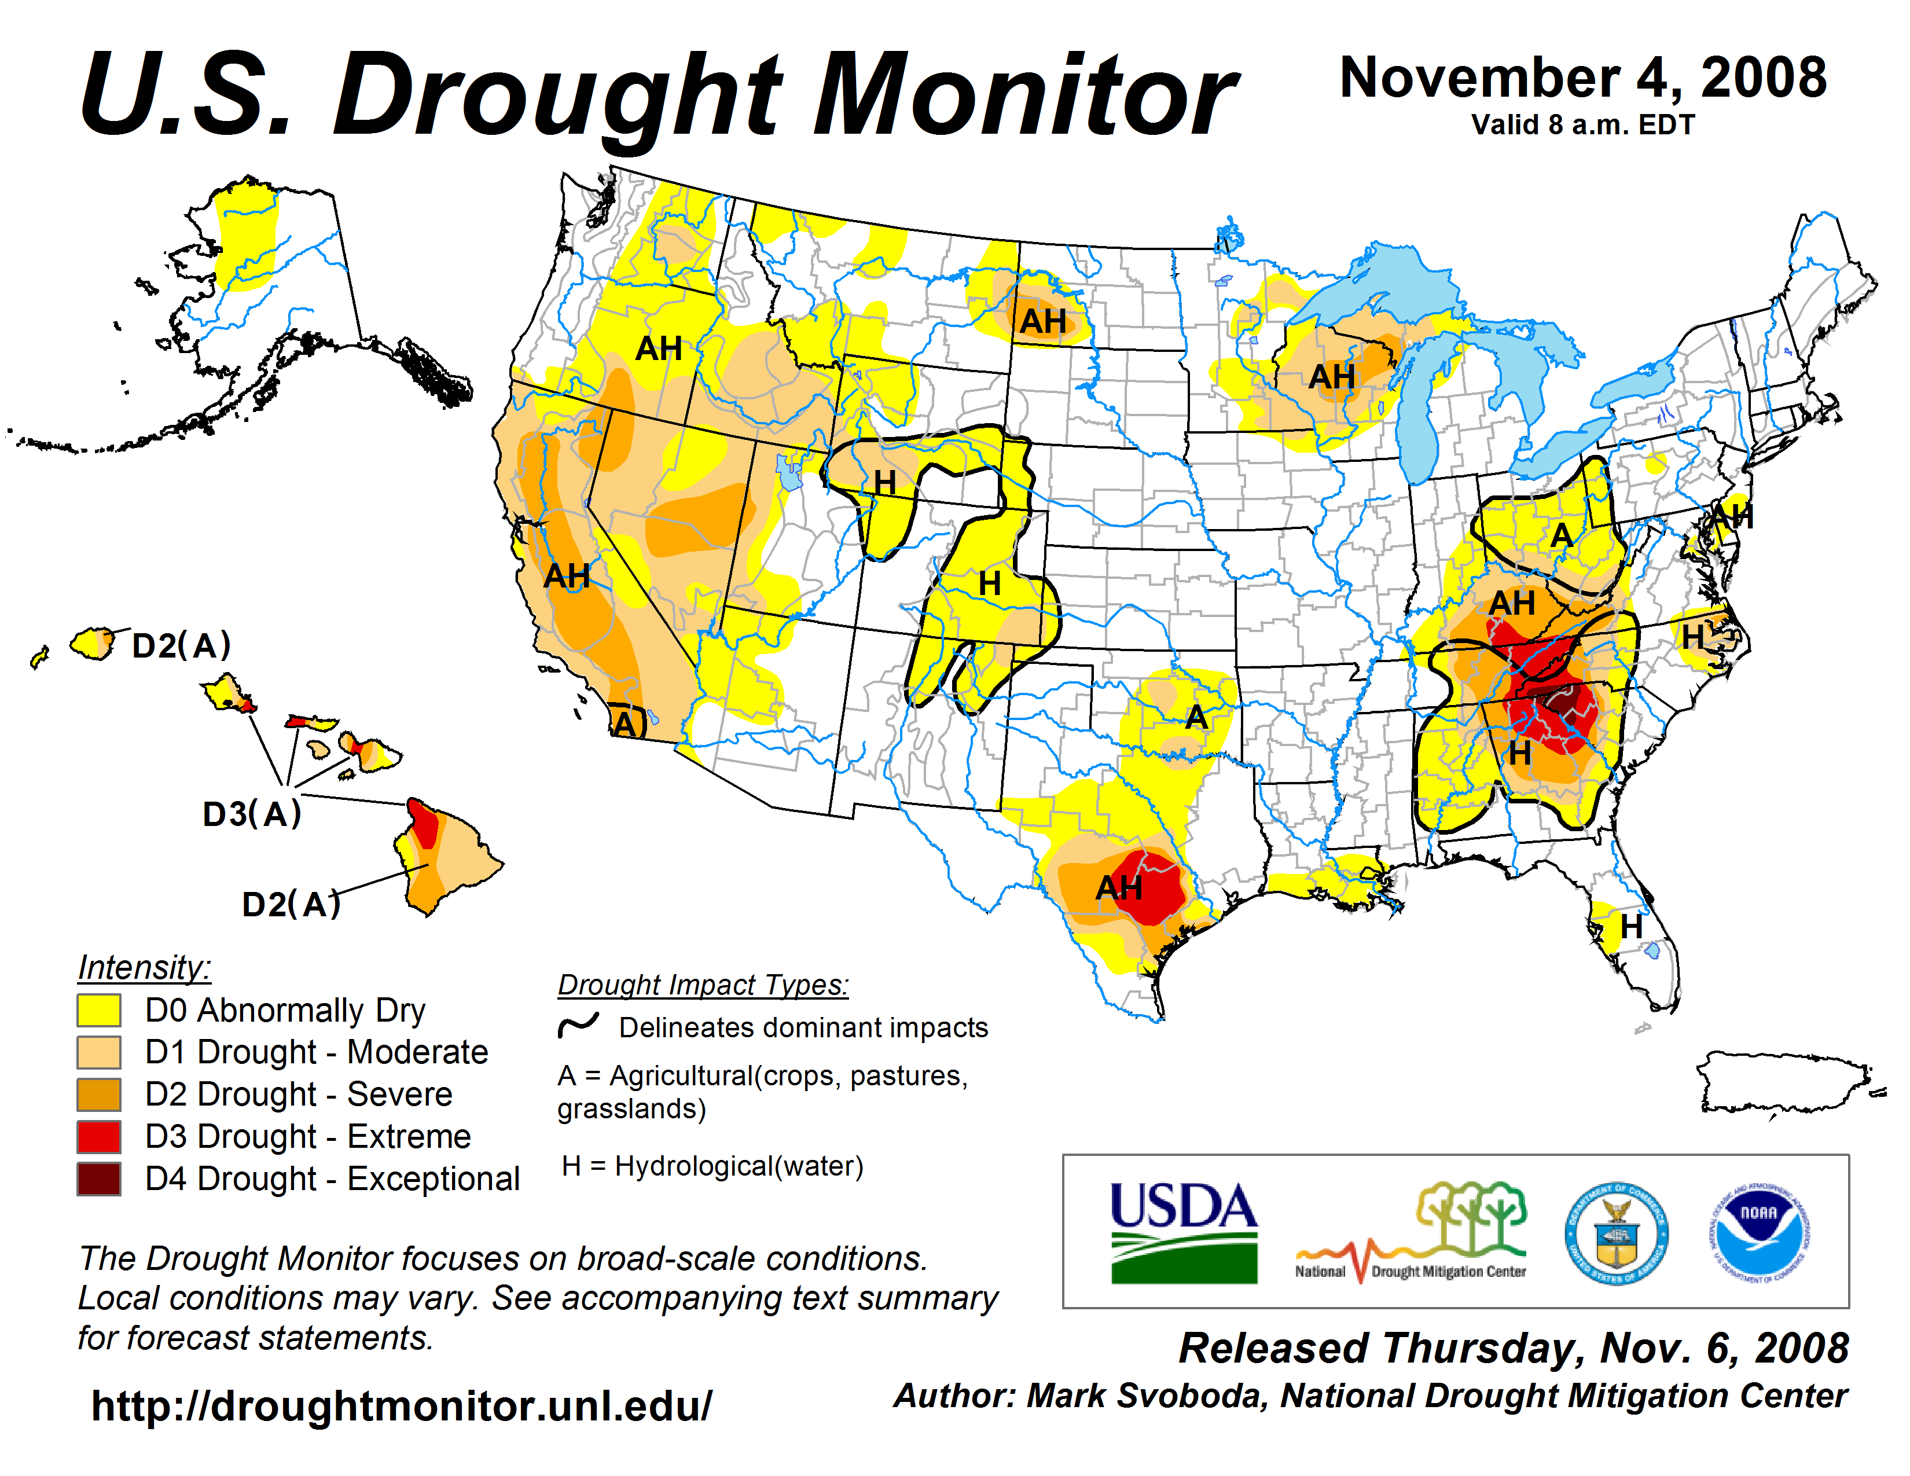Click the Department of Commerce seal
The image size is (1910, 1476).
tap(1616, 1233)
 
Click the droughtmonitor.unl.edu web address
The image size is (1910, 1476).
tap(402, 1406)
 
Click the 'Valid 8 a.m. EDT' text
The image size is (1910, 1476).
tap(1583, 125)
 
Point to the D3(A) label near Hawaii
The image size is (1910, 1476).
tap(252, 814)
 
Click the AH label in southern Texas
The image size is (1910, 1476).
tap(1119, 888)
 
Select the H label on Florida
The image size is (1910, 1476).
tap(1631, 927)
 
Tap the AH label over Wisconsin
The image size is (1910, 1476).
tap(1332, 377)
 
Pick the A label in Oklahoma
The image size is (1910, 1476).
tap(1196, 718)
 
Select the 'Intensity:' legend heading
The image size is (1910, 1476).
tap(144, 968)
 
